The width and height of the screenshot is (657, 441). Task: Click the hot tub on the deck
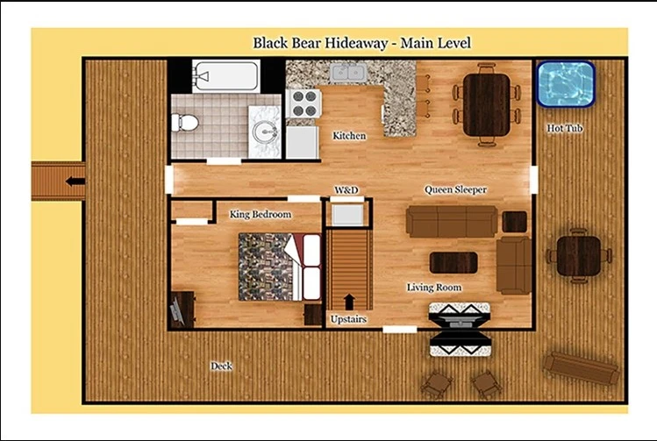(566, 83)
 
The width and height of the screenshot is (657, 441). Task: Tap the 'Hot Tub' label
(565, 128)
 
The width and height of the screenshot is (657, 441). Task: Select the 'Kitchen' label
(349, 136)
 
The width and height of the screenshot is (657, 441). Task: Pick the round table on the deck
(578, 255)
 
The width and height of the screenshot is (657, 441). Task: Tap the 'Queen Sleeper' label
(455, 189)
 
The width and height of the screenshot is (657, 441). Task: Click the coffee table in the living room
(453, 262)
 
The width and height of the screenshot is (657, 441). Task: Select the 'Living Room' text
(434, 288)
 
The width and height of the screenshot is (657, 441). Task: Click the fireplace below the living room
(459, 329)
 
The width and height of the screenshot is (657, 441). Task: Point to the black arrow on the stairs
(350, 301)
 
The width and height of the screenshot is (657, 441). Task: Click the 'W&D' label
(346, 189)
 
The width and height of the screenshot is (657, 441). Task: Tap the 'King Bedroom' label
(261, 214)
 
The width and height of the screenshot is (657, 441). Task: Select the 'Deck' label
(221, 366)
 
